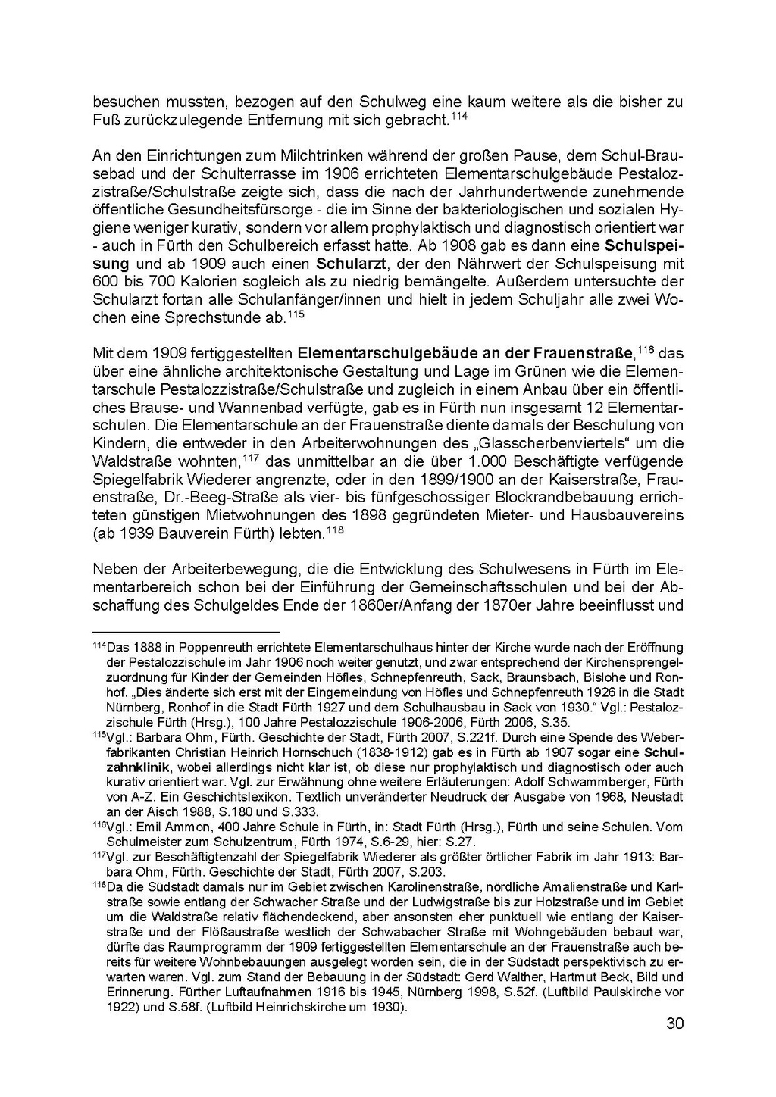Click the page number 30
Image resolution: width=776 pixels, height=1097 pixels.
coord(674,1024)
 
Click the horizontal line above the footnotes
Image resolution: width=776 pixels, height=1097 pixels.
coord(186,631)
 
